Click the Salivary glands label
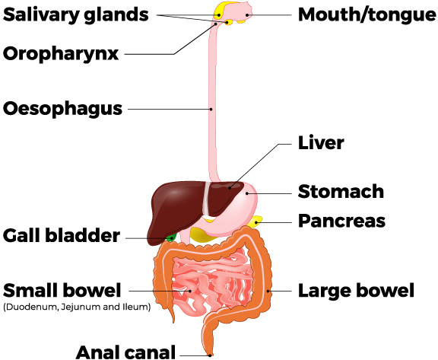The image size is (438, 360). click(x=76, y=14)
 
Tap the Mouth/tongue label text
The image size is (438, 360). click(x=367, y=14)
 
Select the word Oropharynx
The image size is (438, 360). click(x=61, y=53)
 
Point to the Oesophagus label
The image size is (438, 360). click(x=62, y=109)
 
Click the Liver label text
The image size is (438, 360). click(x=321, y=143)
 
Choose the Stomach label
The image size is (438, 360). click(x=341, y=192)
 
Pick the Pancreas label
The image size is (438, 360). click(x=342, y=221)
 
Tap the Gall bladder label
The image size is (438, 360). click(x=62, y=236)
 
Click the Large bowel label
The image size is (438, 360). click(x=356, y=291)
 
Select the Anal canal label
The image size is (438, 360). click(x=125, y=352)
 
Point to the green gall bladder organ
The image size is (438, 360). click(x=171, y=237)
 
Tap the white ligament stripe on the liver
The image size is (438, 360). click(x=206, y=199)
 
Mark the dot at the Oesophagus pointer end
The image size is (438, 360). click(x=211, y=109)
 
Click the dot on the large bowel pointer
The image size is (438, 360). click(x=268, y=291)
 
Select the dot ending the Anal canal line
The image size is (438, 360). click(x=210, y=355)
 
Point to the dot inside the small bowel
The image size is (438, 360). click(x=190, y=291)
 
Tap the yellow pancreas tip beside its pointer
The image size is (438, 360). click(x=256, y=221)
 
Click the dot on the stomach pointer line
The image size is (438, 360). click(x=247, y=193)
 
